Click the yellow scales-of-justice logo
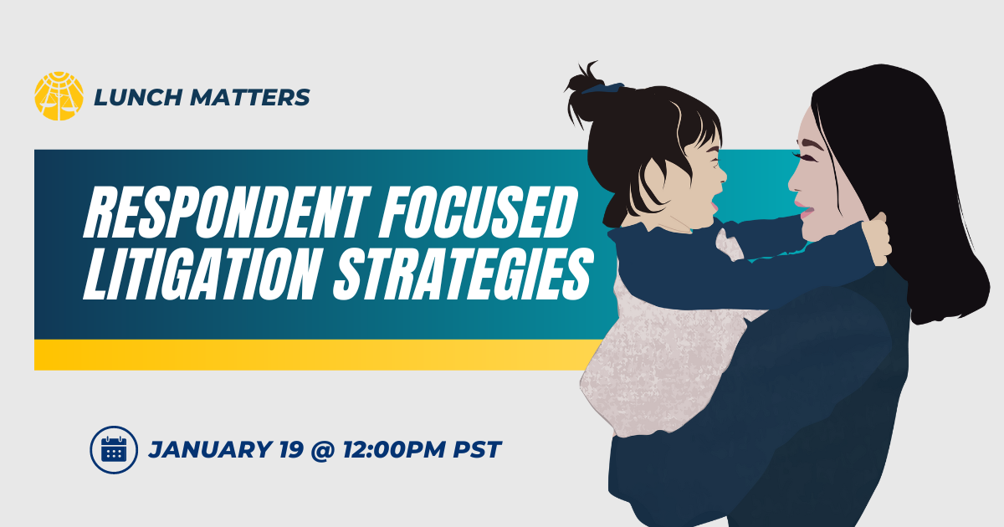pos(59,96)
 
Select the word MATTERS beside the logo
pos(249,97)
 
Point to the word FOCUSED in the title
pos(479,212)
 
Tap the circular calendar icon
pos(114,449)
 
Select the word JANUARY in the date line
pos(210,449)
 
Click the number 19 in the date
pos(291,449)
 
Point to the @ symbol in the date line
pos(323,450)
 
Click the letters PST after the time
pos(477,449)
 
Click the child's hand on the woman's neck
pos(876,240)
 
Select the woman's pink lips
pos(804,210)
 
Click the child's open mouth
pos(714,205)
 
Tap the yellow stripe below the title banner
pos(319,355)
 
